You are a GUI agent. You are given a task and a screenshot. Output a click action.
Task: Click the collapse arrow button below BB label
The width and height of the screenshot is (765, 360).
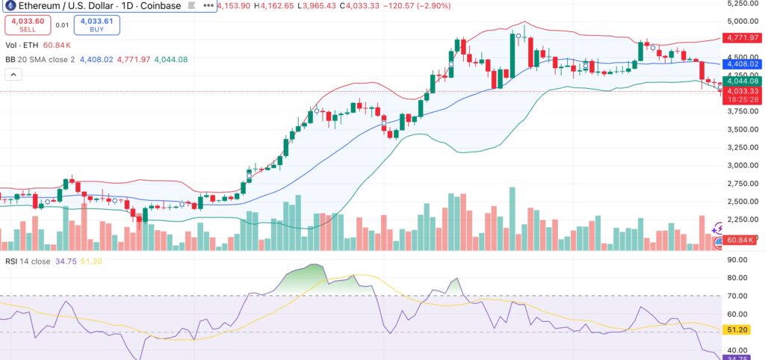coord(13,74)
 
